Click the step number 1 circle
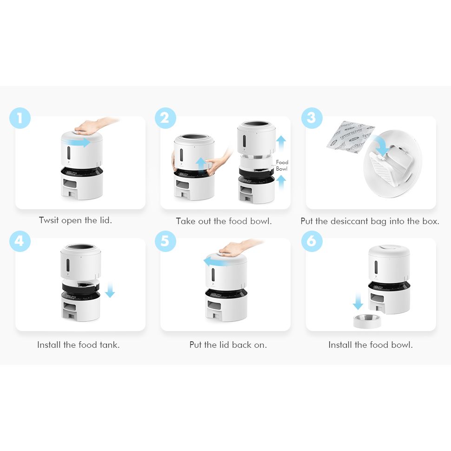click(x=20, y=118)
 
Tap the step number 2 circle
click(x=166, y=118)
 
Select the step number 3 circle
click(x=312, y=118)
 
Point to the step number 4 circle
click(x=20, y=241)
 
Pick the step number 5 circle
click(x=166, y=241)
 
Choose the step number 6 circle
click(x=312, y=241)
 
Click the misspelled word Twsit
click(x=49, y=220)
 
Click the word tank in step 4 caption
click(x=109, y=345)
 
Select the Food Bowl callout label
click(x=282, y=166)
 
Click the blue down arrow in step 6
click(x=358, y=301)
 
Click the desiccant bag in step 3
click(x=350, y=137)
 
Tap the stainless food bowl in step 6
click(x=367, y=321)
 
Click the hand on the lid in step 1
click(x=93, y=125)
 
